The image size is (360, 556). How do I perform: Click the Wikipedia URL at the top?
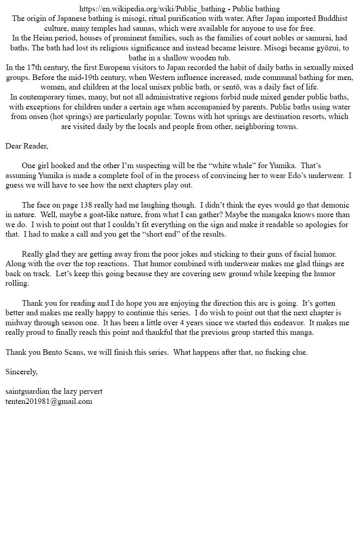(x=152, y=9)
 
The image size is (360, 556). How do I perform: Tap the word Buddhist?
(x=332, y=19)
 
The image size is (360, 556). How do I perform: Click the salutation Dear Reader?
(x=27, y=146)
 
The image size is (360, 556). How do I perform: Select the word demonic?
(x=323, y=205)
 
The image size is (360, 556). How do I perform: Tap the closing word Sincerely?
(x=21, y=372)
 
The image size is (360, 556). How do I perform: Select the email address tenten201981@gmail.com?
(x=49, y=401)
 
